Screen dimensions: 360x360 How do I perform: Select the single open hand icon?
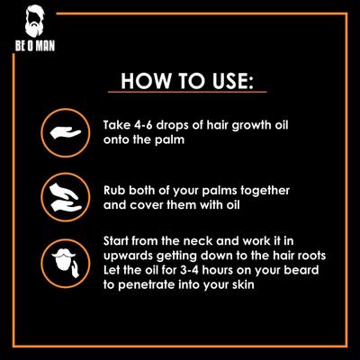click(x=61, y=131)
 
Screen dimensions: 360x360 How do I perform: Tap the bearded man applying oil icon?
click(x=61, y=260)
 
